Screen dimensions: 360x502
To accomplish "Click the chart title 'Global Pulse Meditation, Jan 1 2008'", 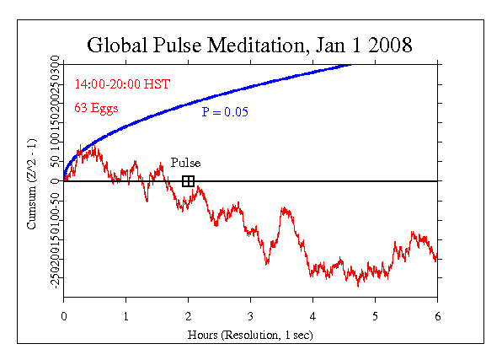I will click(250, 44).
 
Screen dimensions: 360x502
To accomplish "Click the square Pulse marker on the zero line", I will click(188, 181).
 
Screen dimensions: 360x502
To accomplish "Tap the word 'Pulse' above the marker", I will click(185, 163).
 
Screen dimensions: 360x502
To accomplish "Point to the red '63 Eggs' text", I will click(97, 107).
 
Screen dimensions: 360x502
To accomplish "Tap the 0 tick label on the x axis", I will click(64, 316).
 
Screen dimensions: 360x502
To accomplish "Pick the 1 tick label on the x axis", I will click(126, 316).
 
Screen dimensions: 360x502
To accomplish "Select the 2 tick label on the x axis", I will click(189, 316).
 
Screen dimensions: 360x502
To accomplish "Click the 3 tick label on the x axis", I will click(250, 316).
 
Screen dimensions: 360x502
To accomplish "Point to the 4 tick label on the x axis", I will click(312, 316).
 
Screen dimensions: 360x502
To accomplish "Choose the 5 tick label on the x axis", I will click(375, 316).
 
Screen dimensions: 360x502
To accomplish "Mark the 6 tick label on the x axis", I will click(437, 316).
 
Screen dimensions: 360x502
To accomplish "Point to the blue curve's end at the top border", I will click(350, 64).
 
